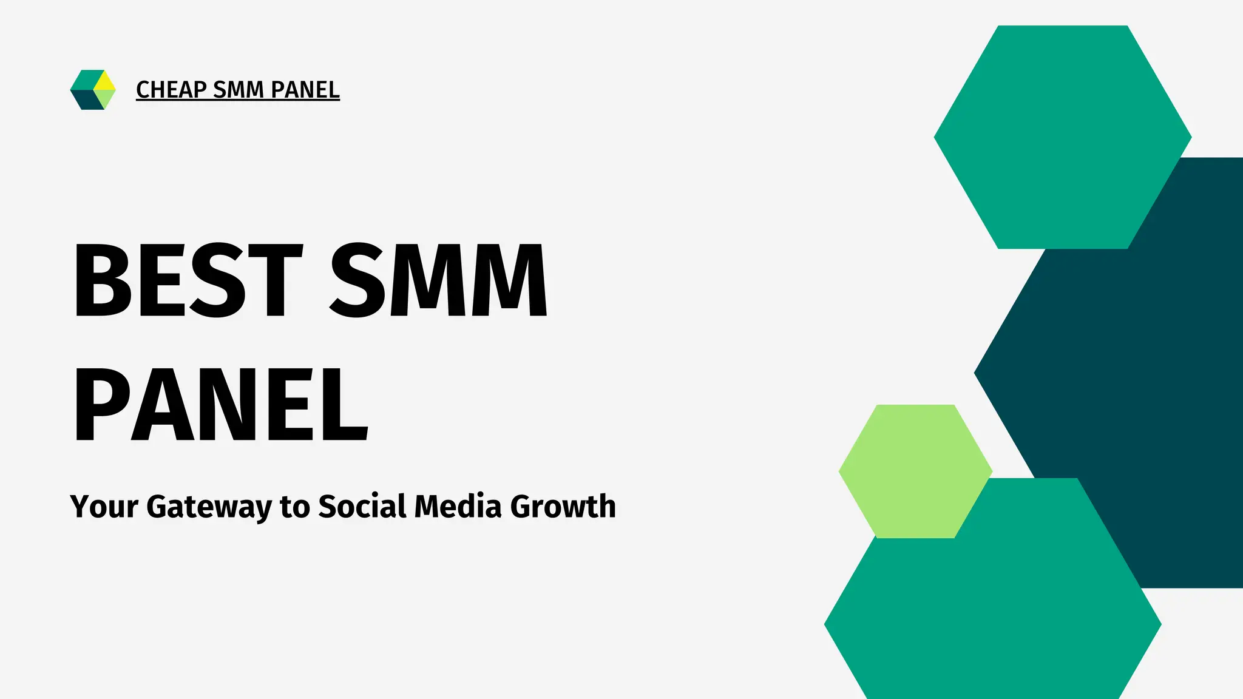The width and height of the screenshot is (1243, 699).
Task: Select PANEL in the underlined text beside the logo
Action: (305, 90)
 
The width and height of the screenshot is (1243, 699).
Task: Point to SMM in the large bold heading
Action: (438, 280)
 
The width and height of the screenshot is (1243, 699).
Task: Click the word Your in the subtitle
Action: (104, 507)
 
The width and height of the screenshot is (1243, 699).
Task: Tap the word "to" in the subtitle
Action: (294, 507)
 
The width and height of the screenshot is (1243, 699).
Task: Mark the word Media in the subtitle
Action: (458, 507)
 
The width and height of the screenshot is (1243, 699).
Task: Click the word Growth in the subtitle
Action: (563, 507)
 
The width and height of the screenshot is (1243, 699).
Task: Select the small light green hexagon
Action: (915, 471)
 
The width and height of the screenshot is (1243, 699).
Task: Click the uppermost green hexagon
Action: (1062, 137)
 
